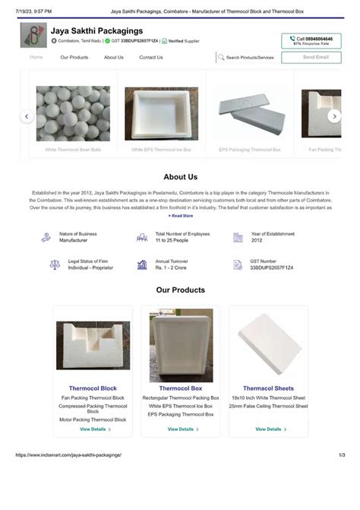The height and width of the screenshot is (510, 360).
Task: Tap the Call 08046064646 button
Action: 311,41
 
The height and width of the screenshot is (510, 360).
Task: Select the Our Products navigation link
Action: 74,57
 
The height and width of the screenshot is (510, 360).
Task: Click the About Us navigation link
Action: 114,57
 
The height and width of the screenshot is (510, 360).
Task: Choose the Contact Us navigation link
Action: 151,57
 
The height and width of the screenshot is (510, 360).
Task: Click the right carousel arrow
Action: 334,116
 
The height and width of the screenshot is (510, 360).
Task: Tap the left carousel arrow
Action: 27,116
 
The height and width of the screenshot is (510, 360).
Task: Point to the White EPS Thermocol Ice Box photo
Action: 161,114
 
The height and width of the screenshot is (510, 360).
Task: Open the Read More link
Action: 181,216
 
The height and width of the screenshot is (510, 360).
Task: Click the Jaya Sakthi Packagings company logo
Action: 33,36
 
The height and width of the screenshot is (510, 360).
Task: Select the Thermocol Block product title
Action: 93,388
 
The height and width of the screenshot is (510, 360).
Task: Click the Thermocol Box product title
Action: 181,388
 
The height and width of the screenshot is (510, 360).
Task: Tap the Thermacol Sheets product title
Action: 268,388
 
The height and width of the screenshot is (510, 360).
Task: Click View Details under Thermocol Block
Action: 96,429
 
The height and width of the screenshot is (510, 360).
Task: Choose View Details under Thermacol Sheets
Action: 271,429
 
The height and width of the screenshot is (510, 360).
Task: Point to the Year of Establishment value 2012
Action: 257,240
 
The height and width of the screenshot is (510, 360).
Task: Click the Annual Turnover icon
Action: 142,265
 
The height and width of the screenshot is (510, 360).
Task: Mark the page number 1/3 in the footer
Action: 342,455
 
